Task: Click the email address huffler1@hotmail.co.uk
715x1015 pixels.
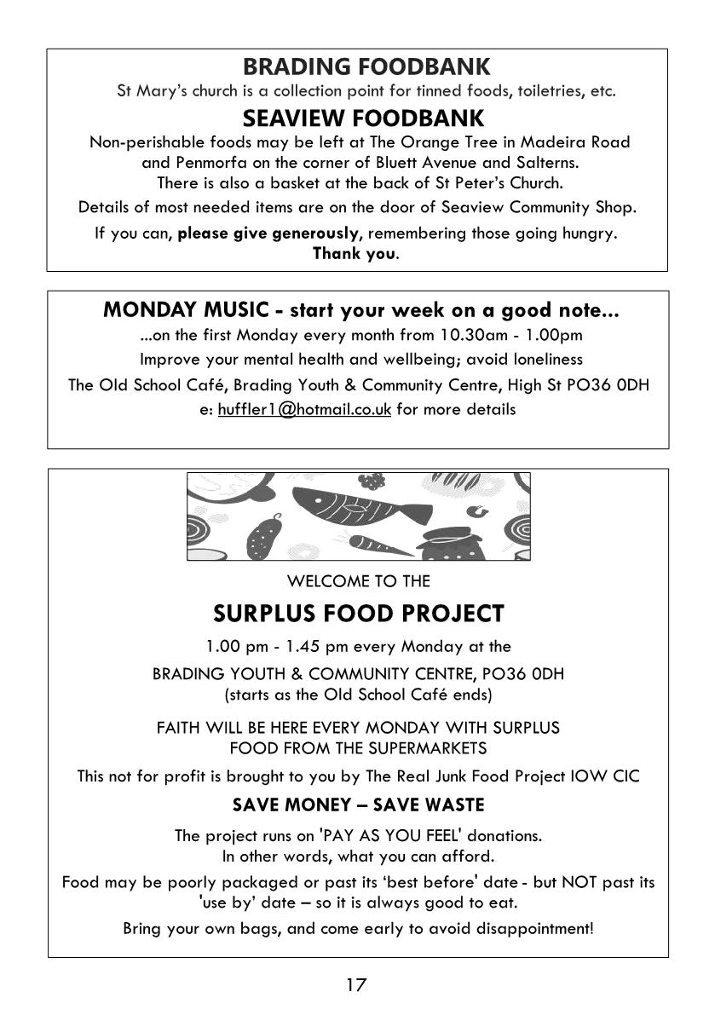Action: (x=304, y=409)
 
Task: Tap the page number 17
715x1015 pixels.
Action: (x=356, y=985)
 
